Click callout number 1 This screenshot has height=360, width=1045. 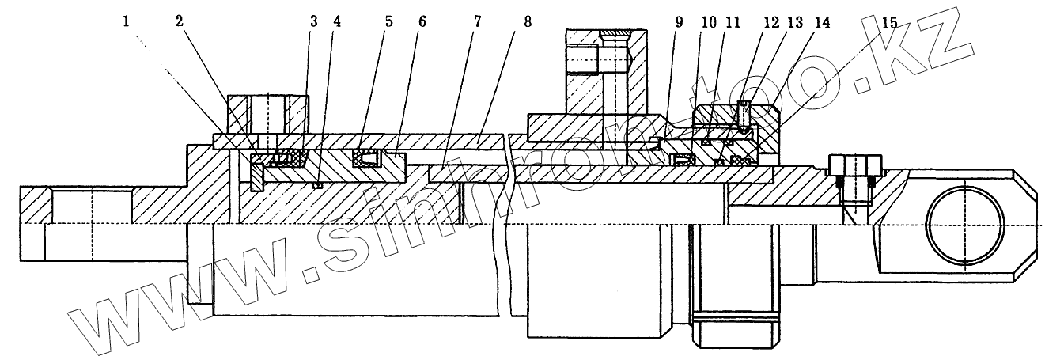(126, 22)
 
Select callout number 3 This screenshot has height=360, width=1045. (313, 22)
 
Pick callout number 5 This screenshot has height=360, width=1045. (388, 22)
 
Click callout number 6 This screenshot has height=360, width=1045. (422, 22)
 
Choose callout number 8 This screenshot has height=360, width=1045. (527, 22)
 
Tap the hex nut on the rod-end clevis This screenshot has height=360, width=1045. (854, 167)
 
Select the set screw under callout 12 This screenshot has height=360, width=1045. (744, 115)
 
